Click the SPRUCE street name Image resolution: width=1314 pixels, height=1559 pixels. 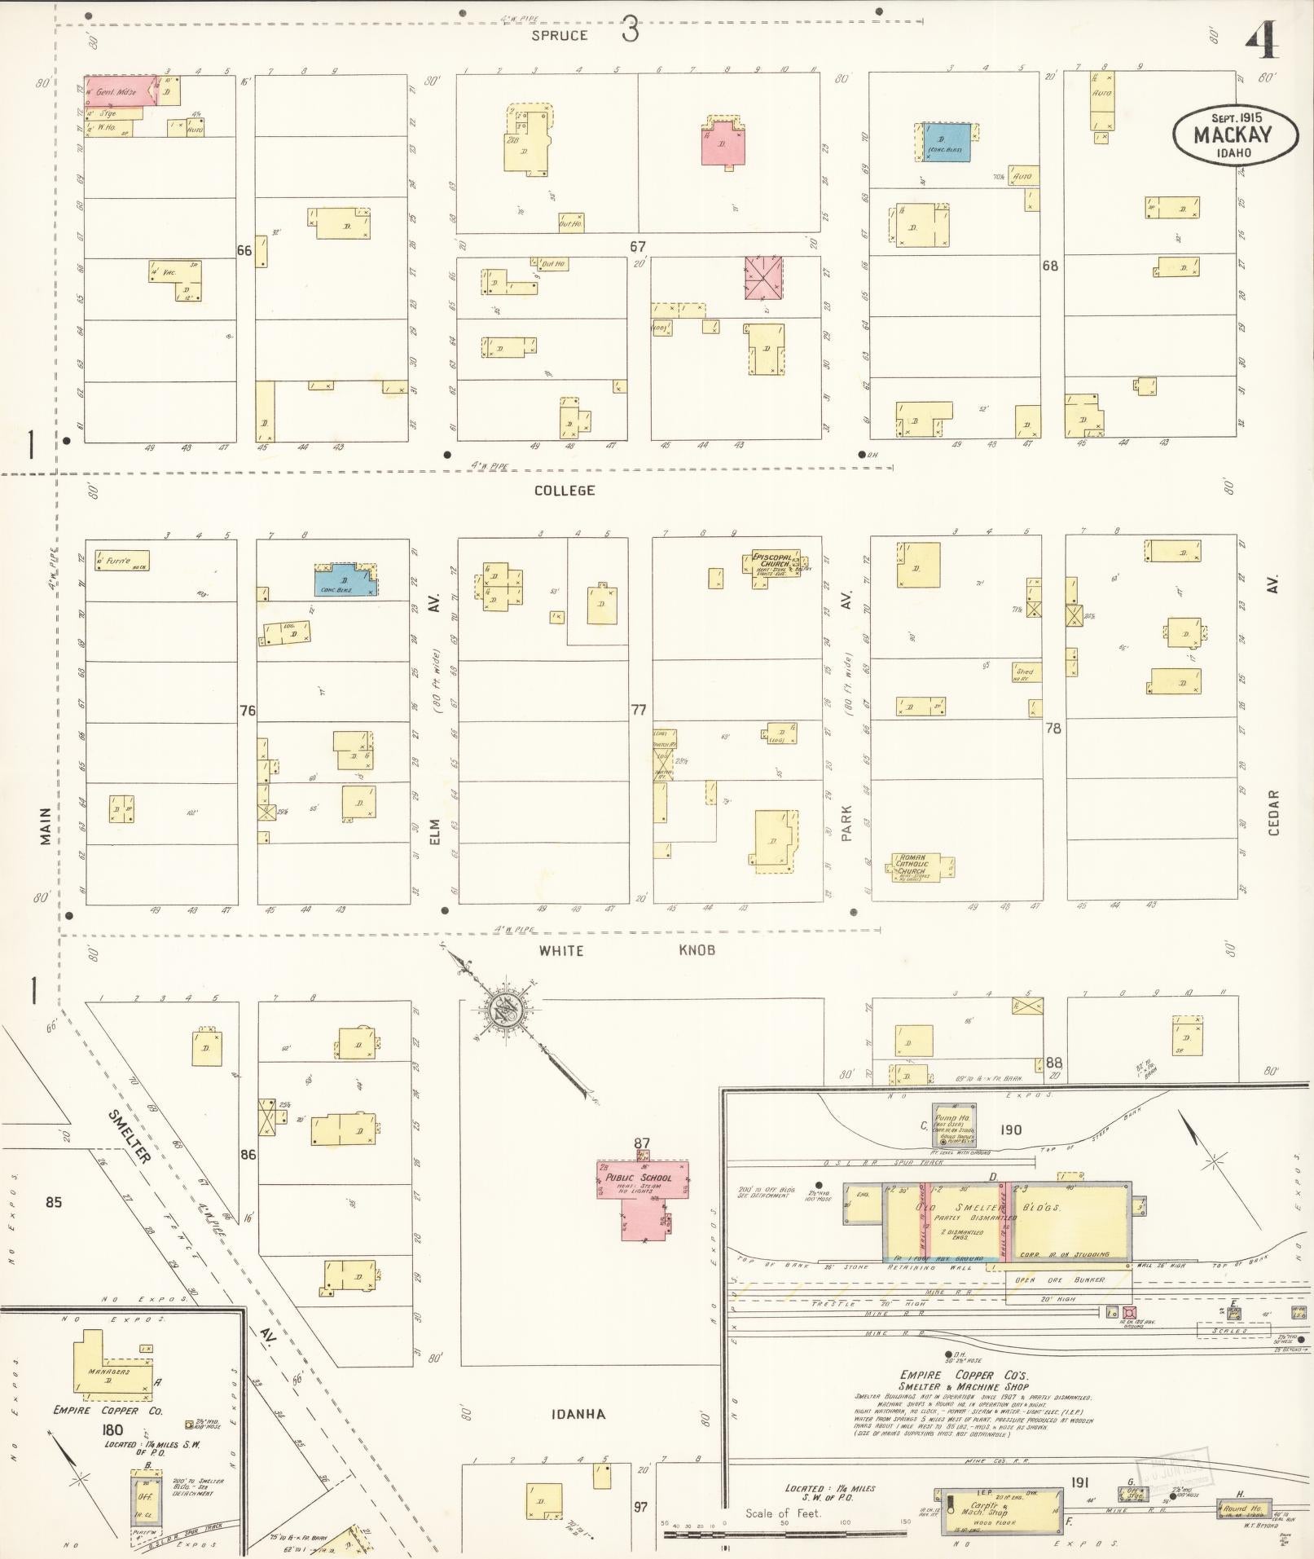click(x=560, y=36)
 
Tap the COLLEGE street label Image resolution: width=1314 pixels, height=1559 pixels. click(x=565, y=491)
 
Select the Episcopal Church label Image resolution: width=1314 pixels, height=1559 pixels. click(x=771, y=563)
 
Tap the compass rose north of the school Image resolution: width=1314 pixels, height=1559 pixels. click(x=504, y=1010)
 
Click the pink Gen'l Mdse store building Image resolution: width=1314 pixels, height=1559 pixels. click(x=121, y=90)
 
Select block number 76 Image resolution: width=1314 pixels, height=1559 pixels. click(x=247, y=711)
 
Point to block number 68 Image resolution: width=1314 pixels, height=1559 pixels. click(x=1050, y=266)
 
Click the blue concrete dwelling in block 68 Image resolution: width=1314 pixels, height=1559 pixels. click(x=946, y=142)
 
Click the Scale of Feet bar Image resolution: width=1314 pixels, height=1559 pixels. click(x=782, y=1535)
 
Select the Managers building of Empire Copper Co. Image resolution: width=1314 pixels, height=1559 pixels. click(x=110, y=1372)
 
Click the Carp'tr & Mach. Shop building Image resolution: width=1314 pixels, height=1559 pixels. click(x=1000, y=1509)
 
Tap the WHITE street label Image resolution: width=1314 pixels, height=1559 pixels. click(x=560, y=951)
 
